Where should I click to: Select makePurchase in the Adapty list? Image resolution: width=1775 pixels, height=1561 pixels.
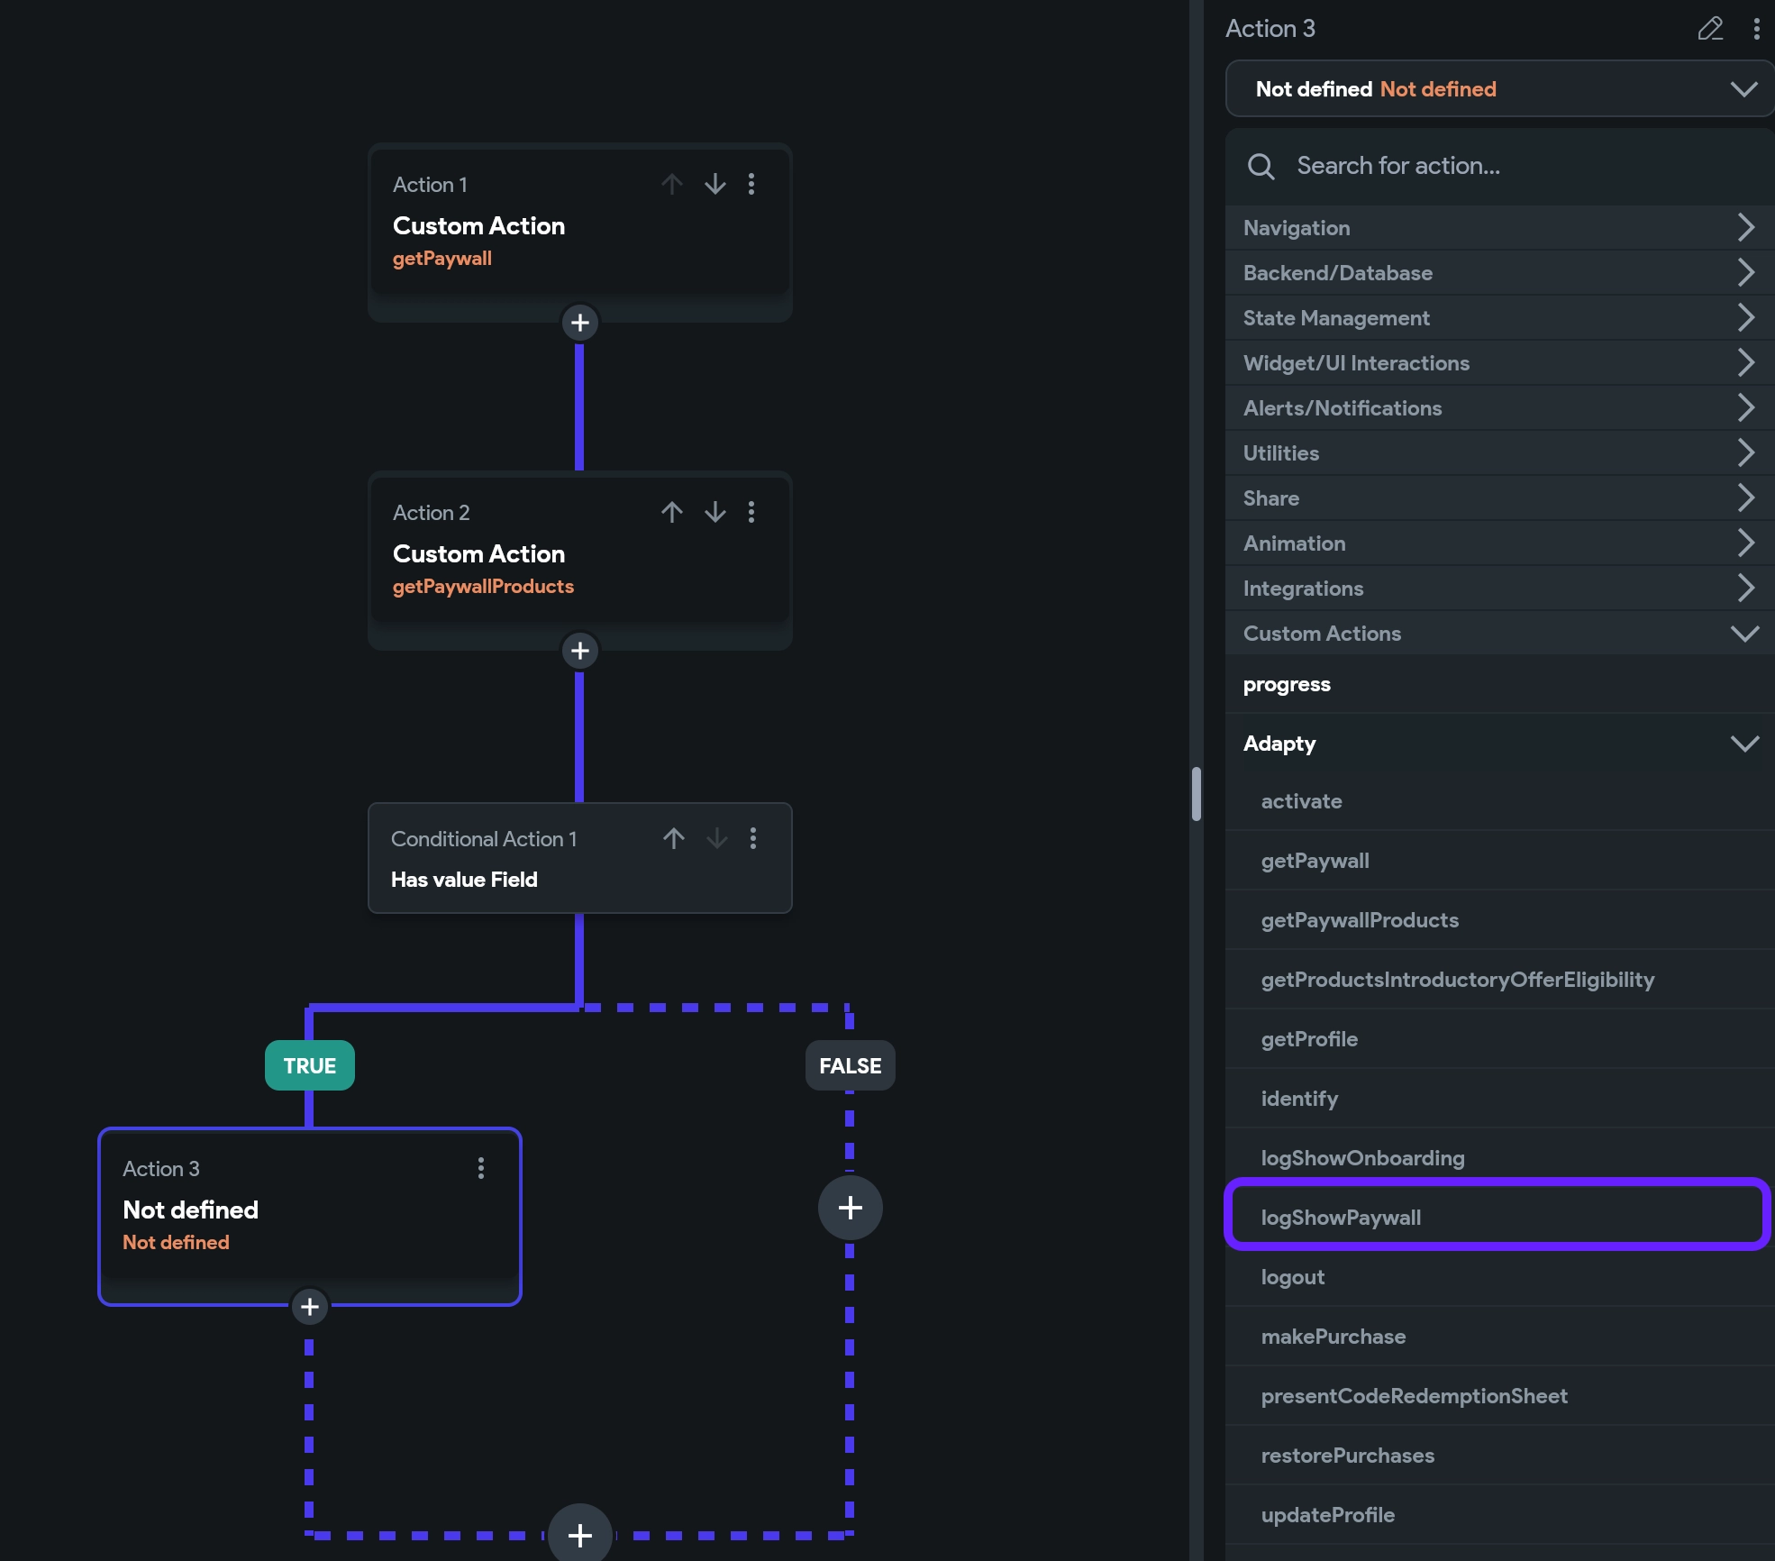click(x=1334, y=1336)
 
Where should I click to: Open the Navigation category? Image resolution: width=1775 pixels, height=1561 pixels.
click(x=1496, y=228)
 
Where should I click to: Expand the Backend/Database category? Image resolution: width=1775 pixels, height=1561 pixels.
click(x=1496, y=273)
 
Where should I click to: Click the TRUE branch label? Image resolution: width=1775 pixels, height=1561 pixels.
click(x=309, y=1065)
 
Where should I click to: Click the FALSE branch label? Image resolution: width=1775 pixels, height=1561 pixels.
click(x=850, y=1065)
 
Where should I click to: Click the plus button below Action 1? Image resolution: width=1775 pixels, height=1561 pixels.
click(x=580, y=323)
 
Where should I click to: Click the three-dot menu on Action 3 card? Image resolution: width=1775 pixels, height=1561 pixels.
click(x=481, y=1168)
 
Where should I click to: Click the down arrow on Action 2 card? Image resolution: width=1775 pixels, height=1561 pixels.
click(x=715, y=512)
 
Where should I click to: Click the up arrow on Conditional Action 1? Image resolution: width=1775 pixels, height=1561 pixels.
click(x=674, y=838)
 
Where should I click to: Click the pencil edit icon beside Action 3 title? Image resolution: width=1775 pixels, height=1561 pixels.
click(x=1709, y=29)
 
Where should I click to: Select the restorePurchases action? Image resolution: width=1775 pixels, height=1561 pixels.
click(x=1347, y=1455)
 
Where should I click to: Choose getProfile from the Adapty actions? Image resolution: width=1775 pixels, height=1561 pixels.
click(x=1309, y=1038)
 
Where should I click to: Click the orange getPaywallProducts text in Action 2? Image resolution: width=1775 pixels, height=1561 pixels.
click(x=483, y=586)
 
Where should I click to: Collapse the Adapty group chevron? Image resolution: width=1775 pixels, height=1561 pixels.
click(x=1744, y=744)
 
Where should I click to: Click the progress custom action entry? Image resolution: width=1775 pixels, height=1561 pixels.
click(x=1287, y=684)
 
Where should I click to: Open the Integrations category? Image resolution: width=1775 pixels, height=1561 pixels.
click(x=1496, y=589)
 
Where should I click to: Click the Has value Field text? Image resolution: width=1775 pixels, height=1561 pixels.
click(x=464, y=879)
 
